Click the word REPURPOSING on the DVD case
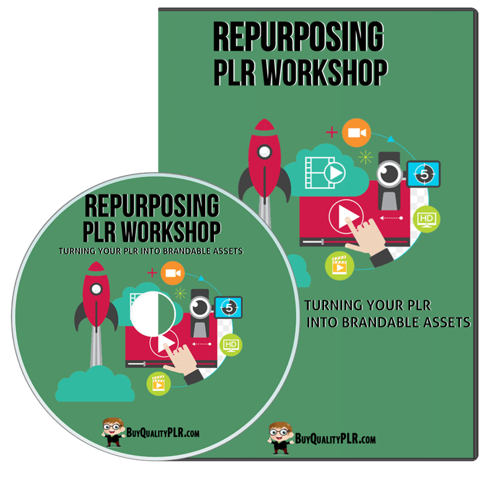pyautogui.click(x=299, y=37)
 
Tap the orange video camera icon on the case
pyautogui.click(x=356, y=133)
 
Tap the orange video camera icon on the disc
pyautogui.click(x=173, y=273)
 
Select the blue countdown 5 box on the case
pyautogui.click(x=424, y=174)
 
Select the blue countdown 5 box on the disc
pyautogui.click(x=228, y=308)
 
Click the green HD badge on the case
pyautogui.click(x=426, y=219)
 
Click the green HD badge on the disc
pyautogui.click(x=230, y=345)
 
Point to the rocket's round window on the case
pyautogui.click(x=265, y=152)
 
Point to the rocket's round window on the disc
pyautogui.click(x=96, y=289)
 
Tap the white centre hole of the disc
pyautogui.click(x=153, y=314)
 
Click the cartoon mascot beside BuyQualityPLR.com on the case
pyautogui.click(x=280, y=438)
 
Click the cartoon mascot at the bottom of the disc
pyautogui.click(x=113, y=432)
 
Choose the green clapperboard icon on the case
pyautogui.click(x=340, y=265)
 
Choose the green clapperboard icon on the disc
pyautogui.click(x=159, y=384)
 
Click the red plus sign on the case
pyautogui.click(x=331, y=132)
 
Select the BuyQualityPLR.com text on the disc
pyautogui.click(x=163, y=433)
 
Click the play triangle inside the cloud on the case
pyautogui.click(x=335, y=173)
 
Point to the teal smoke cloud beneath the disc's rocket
pyautogui.click(x=95, y=384)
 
